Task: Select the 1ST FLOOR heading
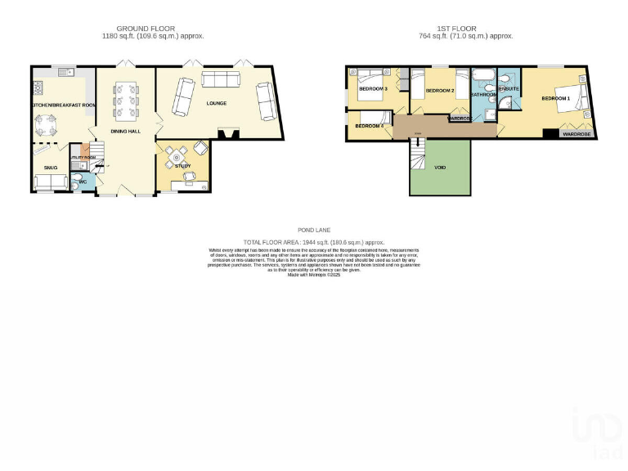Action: pos(465,29)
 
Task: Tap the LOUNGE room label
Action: pos(217,103)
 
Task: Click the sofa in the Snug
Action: pos(49,184)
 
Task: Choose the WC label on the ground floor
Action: pos(83,182)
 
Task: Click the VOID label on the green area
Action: pos(440,167)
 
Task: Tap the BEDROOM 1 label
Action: pos(555,98)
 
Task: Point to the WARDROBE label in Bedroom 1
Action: pos(576,134)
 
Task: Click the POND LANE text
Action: pos(314,231)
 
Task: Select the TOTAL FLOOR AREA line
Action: pos(314,243)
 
